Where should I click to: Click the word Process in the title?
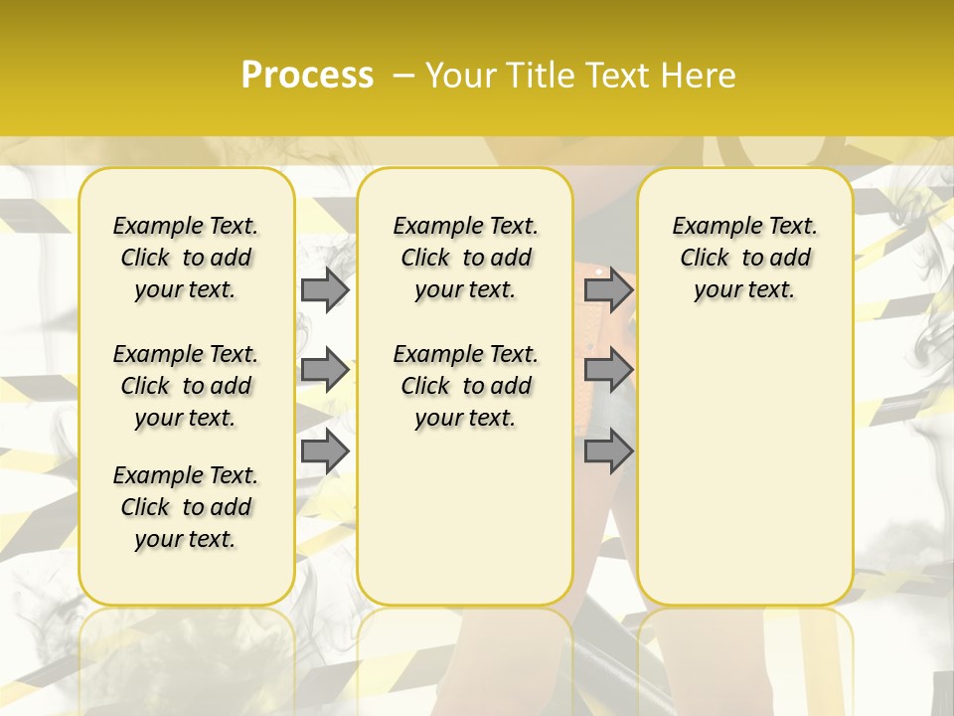(307, 75)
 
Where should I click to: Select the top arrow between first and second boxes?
(325, 289)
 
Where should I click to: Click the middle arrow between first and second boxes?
(325, 370)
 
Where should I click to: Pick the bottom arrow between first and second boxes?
(325, 450)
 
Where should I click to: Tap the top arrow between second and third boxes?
(608, 289)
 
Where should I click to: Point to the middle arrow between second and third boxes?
(608, 370)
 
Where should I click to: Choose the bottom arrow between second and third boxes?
(608, 450)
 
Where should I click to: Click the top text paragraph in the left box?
(186, 258)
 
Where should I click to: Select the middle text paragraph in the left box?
(186, 386)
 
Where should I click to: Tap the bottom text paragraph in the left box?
(186, 507)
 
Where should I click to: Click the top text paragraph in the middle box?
(465, 258)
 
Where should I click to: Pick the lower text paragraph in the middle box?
(465, 386)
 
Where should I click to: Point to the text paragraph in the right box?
(744, 258)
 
